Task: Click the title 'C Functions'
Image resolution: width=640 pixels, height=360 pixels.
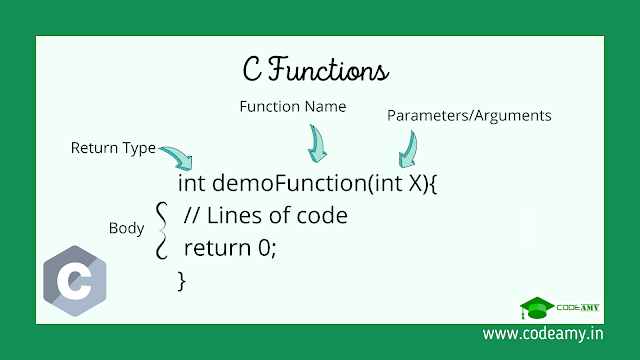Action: pyautogui.click(x=317, y=70)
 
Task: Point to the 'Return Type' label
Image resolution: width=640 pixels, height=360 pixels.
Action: pyautogui.click(x=113, y=148)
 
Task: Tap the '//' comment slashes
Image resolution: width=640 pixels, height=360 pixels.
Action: pyautogui.click(x=193, y=214)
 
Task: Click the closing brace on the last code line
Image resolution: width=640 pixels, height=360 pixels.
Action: pyautogui.click(x=181, y=280)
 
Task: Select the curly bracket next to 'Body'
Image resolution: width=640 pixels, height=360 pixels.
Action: pyautogui.click(x=160, y=229)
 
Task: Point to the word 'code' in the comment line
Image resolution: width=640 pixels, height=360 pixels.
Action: pyautogui.click(x=321, y=214)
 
